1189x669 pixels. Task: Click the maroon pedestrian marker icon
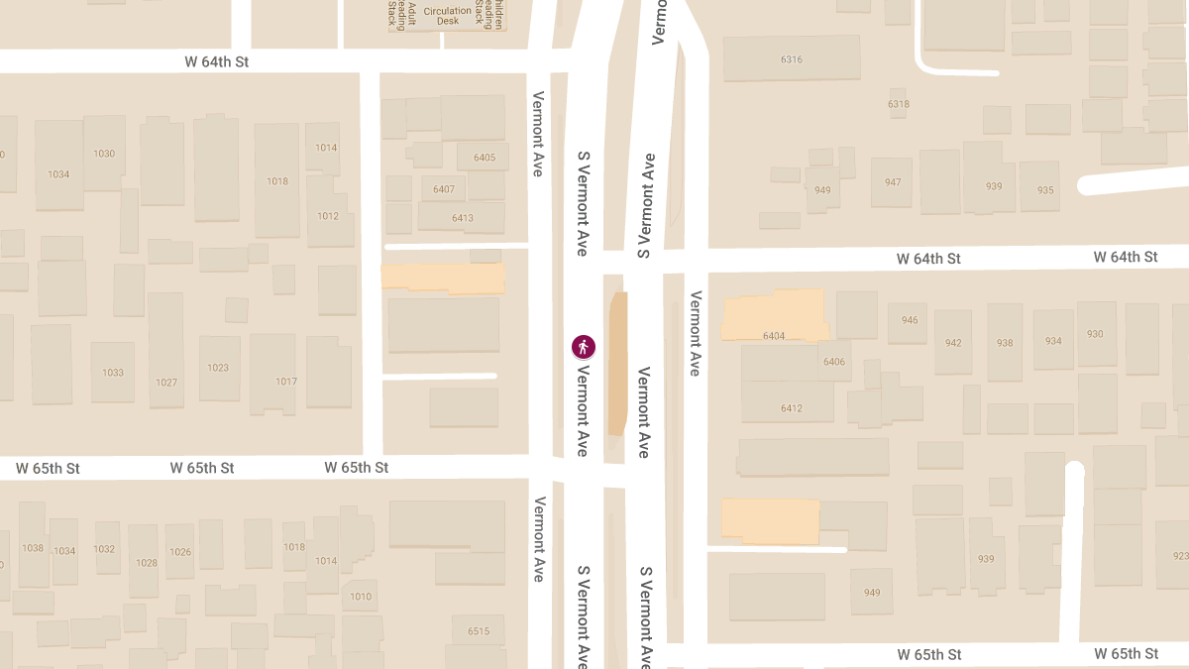click(x=584, y=347)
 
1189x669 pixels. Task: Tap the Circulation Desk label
click(x=448, y=16)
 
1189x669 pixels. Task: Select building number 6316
click(x=791, y=59)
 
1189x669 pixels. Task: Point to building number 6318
click(x=898, y=104)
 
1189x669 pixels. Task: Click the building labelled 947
click(x=893, y=182)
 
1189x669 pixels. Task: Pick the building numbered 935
click(x=1044, y=191)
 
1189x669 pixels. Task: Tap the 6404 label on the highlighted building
click(x=774, y=336)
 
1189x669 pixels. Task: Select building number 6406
click(x=834, y=362)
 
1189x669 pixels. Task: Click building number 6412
click(x=791, y=408)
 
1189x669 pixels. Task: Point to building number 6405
click(x=485, y=158)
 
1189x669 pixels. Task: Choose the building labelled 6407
click(x=444, y=189)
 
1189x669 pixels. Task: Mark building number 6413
click(x=462, y=218)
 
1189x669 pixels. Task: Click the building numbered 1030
click(x=104, y=154)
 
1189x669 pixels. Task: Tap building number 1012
click(x=328, y=216)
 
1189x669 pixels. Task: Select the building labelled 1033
click(x=113, y=373)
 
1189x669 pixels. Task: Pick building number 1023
click(x=218, y=368)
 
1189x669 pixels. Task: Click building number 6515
click(x=479, y=631)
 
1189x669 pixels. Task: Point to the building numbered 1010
click(x=361, y=596)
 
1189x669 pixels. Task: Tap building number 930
click(x=1095, y=334)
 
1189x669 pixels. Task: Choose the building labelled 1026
click(x=179, y=552)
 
